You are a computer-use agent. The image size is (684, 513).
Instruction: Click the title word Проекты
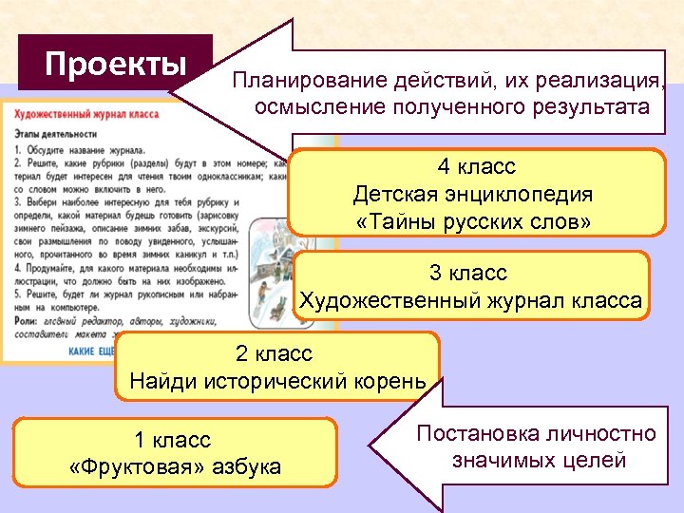[x=116, y=64]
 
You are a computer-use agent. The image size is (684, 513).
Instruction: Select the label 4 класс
[x=476, y=167]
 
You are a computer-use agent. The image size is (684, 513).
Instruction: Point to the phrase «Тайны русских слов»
[x=472, y=222]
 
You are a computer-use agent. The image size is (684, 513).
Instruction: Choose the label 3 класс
[x=468, y=274]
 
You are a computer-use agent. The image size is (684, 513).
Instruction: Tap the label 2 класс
[x=274, y=354]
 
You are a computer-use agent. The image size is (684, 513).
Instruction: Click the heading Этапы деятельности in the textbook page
[x=57, y=133]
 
